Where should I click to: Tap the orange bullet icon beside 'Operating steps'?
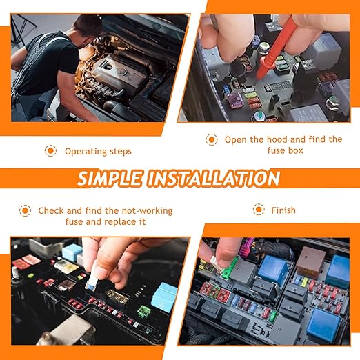pos(50,150)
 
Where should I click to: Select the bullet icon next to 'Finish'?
pos(259,210)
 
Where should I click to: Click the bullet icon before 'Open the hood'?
pos(212,139)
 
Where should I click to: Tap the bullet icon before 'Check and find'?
pos(25,210)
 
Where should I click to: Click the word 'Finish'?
pos(283,210)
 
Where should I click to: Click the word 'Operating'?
pos(85,151)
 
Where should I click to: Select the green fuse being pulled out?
pos(230,266)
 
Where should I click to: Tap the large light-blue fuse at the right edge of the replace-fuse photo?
pos(166,295)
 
